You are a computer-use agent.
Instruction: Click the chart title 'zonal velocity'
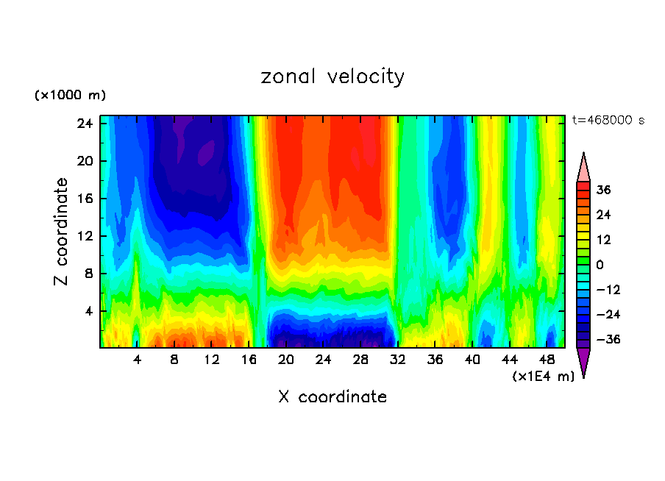pos(332,76)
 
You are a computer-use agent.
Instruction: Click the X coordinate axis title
pos(332,397)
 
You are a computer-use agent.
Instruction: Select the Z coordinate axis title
pos(62,232)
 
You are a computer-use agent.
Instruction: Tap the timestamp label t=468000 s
pos(608,121)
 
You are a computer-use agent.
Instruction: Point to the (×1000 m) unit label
pos(71,96)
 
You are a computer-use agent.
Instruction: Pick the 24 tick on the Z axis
pos(84,123)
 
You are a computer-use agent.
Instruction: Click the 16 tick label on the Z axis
pos(84,199)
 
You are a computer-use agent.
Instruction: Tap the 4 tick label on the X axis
pos(138,360)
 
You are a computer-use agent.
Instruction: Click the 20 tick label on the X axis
pos(286,360)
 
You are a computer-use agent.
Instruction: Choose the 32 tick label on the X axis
pos(398,360)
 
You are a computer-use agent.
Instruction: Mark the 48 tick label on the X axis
pos(547,360)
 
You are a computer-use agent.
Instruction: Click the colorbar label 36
pos(603,190)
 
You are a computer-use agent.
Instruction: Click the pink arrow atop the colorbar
pos(583,167)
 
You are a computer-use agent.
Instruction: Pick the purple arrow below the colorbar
pos(583,362)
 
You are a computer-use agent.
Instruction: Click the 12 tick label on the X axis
pos(212,360)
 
